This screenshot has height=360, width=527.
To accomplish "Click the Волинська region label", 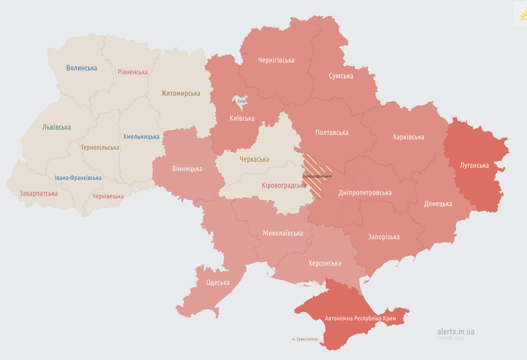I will pos(82,68).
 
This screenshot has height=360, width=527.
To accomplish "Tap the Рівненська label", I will pos(133,72).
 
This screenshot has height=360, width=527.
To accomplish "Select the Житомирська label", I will pos(181,93).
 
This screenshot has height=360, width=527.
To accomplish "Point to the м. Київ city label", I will pos(239,101).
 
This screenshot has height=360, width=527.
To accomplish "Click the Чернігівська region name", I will pos(276,60).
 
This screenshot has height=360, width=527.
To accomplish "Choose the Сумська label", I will pos(341,76).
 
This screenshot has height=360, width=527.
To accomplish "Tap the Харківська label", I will pos(408,137).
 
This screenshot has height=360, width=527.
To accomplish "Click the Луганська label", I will pos(474,165).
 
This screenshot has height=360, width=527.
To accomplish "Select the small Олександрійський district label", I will pos(317,176).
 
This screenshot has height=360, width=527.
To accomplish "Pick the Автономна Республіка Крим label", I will pos(360,318).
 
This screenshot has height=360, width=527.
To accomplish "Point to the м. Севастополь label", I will pos(305,339).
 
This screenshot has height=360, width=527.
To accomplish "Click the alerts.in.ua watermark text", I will pos(455,332).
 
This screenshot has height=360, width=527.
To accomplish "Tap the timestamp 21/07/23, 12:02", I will pos(450,338).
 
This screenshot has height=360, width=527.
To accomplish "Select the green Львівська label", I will pos(56,127).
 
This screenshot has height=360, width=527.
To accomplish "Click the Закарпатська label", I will pos(38,193).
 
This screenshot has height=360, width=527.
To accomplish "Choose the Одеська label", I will pos(218,282).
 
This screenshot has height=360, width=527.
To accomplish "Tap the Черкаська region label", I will pos(254,159).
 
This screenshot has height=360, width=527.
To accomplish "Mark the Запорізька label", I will pos(384,237).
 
